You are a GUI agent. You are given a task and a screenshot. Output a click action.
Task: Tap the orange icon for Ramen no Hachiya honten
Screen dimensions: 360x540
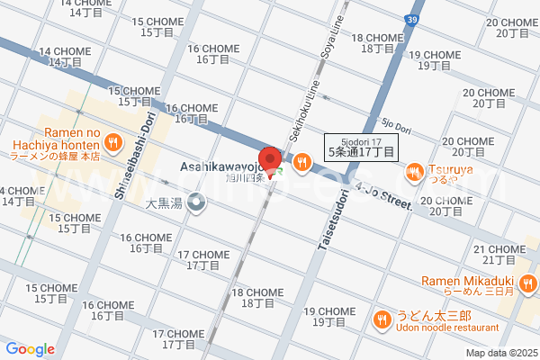[112, 140]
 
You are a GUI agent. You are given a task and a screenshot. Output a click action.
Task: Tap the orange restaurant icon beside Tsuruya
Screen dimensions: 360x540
[414, 170]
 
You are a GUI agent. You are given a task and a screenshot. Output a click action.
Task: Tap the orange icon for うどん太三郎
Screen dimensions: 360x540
[382, 318]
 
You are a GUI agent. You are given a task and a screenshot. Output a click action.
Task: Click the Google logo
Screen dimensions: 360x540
[31, 349]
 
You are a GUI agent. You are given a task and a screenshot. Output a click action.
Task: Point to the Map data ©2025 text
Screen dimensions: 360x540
[500, 352]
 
